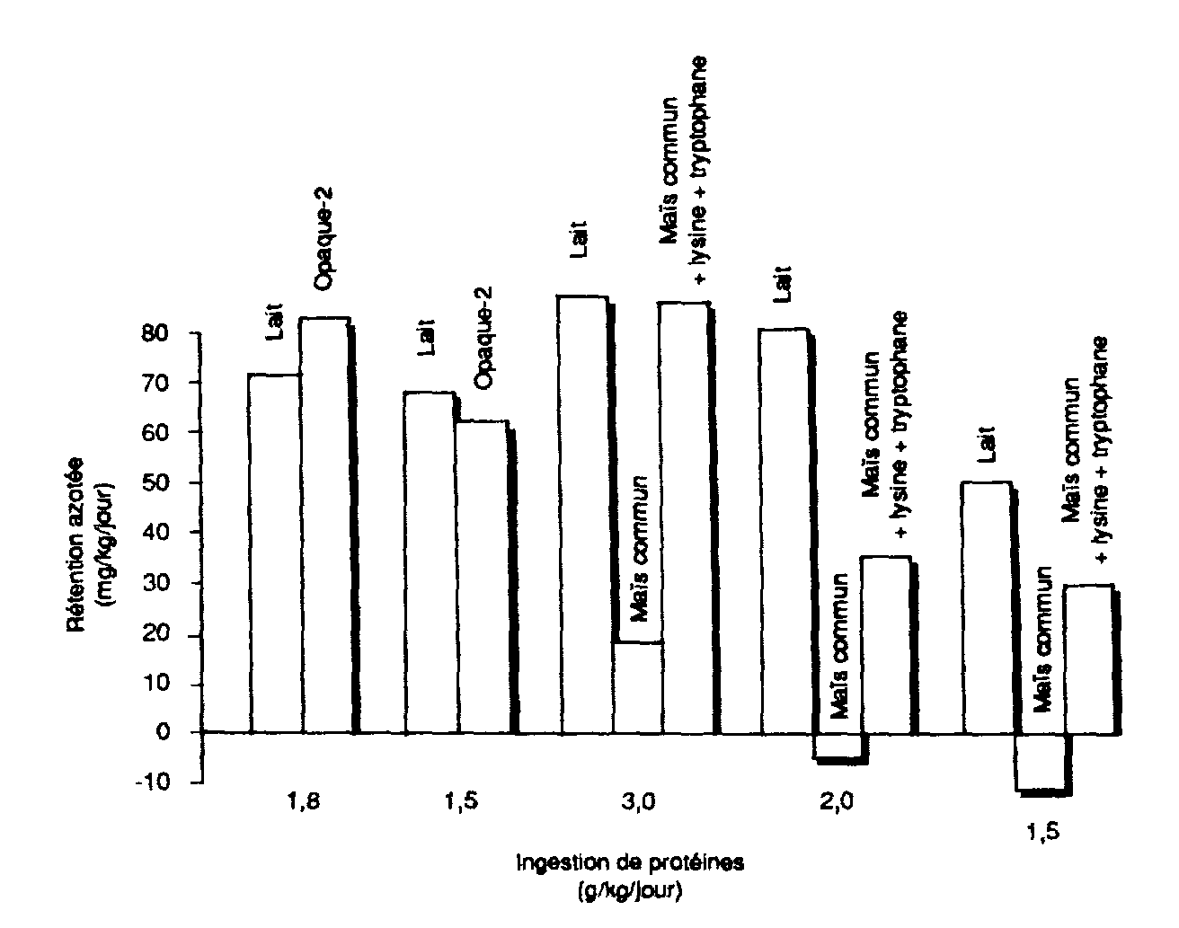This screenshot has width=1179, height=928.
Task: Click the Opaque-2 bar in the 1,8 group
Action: [325, 526]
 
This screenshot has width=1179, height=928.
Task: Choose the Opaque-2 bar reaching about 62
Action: [483, 575]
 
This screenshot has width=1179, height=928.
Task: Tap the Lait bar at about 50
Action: [987, 607]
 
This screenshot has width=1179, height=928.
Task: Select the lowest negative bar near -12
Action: [1041, 762]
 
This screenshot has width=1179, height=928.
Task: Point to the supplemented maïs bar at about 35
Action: [886, 643]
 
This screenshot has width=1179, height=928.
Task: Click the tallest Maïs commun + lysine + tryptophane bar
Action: [684, 517]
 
